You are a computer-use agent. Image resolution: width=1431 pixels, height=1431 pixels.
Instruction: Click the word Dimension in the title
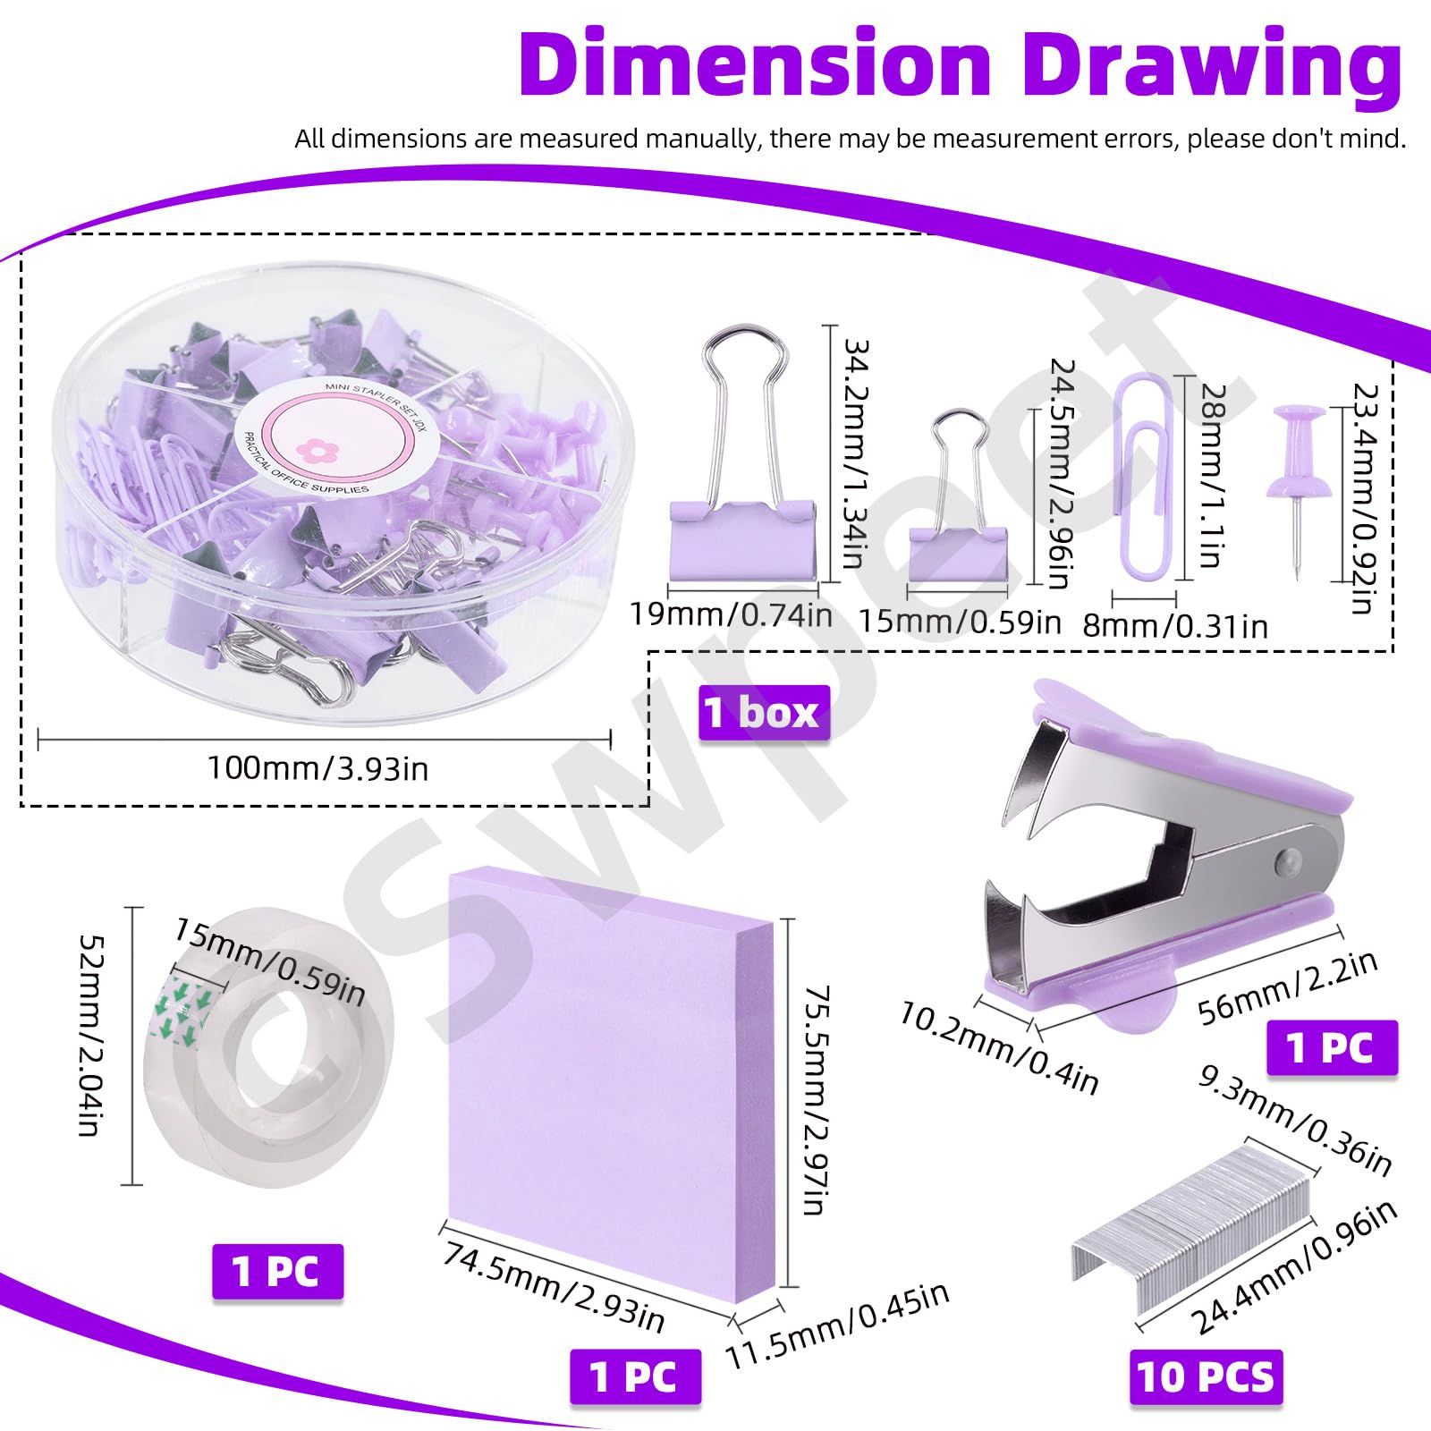(x=756, y=64)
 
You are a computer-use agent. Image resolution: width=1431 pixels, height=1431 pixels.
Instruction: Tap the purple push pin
(x=1296, y=487)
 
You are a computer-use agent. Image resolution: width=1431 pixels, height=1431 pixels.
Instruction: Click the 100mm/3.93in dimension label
(x=318, y=768)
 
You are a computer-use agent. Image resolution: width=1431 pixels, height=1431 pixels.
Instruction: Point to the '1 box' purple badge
(x=764, y=713)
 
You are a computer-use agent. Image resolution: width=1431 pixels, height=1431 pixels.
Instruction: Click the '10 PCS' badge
(x=1206, y=1376)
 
